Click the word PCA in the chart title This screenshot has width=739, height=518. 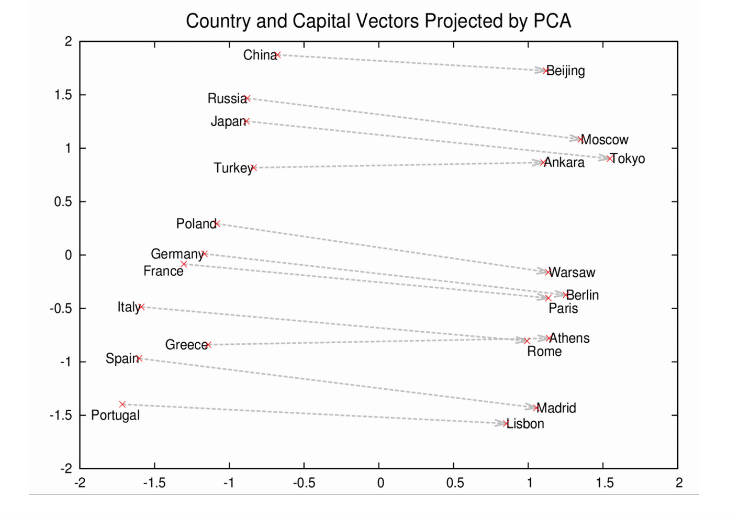[552, 21]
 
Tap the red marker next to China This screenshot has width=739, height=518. [278, 55]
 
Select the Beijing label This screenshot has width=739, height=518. [566, 71]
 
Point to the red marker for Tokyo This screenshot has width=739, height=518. [609, 158]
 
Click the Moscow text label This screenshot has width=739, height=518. [605, 140]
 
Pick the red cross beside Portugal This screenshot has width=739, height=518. [122, 404]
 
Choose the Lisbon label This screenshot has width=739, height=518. [525, 424]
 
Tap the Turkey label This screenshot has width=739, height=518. [232, 168]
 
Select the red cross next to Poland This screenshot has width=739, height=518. [217, 223]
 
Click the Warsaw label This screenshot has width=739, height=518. [573, 273]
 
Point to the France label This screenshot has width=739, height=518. [163, 271]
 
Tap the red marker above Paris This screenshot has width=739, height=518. [548, 298]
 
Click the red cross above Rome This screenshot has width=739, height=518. [527, 341]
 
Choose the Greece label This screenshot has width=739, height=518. [186, 345]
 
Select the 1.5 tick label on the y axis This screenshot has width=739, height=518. [63, 95]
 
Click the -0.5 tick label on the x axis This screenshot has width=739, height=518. [304, 482]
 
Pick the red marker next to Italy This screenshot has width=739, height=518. [141, 307]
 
